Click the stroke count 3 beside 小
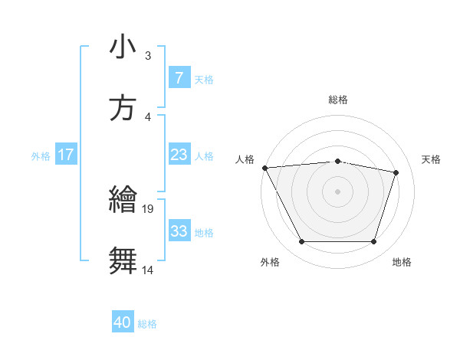click(148, 56)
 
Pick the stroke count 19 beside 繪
click(149, 208)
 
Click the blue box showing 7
click(179, 78)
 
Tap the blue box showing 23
click(179, 155)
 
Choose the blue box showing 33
click(179, 231)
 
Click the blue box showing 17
click(66, 155)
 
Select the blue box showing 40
click(123, 323)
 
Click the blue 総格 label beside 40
click(147, 324)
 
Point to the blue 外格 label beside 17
click(41, 155)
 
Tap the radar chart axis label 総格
click(338, 100)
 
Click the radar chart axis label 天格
click(431, 159)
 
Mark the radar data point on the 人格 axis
click(264, 168)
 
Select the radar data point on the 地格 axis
click(373, 242)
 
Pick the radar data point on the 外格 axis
click(301, 242)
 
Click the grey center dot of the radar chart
click(337, 191)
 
